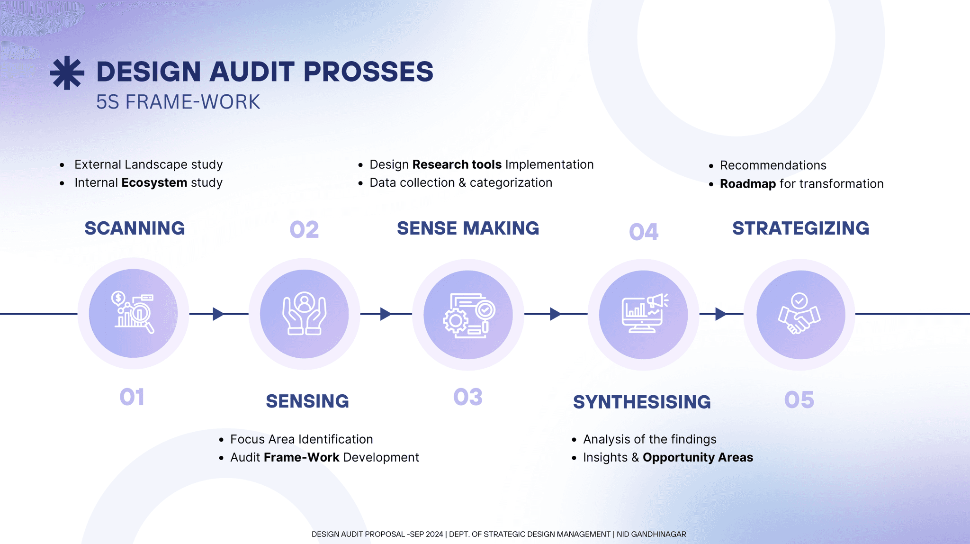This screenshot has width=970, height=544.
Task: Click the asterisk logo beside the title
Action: pos(67,73)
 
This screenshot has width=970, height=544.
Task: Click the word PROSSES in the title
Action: pos(368,72)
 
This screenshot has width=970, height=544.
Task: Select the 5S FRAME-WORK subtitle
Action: pos(178,102)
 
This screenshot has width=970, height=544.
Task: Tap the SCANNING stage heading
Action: pos(135,228)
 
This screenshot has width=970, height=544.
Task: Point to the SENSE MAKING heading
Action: pos(468,228)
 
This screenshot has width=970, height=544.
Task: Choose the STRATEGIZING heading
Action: pos(800,228)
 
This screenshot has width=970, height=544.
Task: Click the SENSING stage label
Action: pos(307,401)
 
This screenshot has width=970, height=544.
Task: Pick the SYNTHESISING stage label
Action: pos(642,402)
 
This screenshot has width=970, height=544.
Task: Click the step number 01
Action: pos(132,397)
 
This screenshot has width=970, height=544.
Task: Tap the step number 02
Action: pos(304,230)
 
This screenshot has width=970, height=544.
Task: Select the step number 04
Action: pos(644,232)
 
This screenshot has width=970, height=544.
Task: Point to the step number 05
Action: pos(799,400)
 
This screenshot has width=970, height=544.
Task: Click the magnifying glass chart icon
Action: pos(134,313)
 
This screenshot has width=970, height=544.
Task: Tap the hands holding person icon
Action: pos(304,314)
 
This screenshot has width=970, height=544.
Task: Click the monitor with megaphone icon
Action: pos(644,314)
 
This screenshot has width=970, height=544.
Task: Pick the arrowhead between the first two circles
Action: pos(218,314)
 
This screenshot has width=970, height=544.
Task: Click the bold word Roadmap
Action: pos(748,184)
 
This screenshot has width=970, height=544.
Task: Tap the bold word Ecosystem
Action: pos(154,183)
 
